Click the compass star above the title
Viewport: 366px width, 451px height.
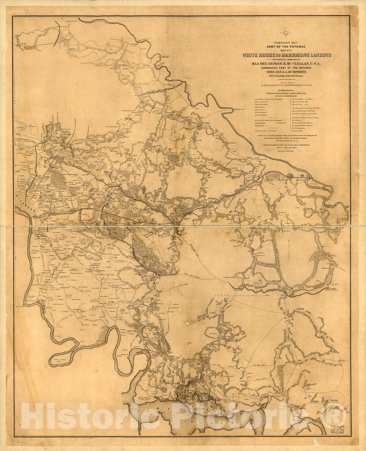pos(286,33)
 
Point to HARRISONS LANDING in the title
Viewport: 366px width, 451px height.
pos(309,55)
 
